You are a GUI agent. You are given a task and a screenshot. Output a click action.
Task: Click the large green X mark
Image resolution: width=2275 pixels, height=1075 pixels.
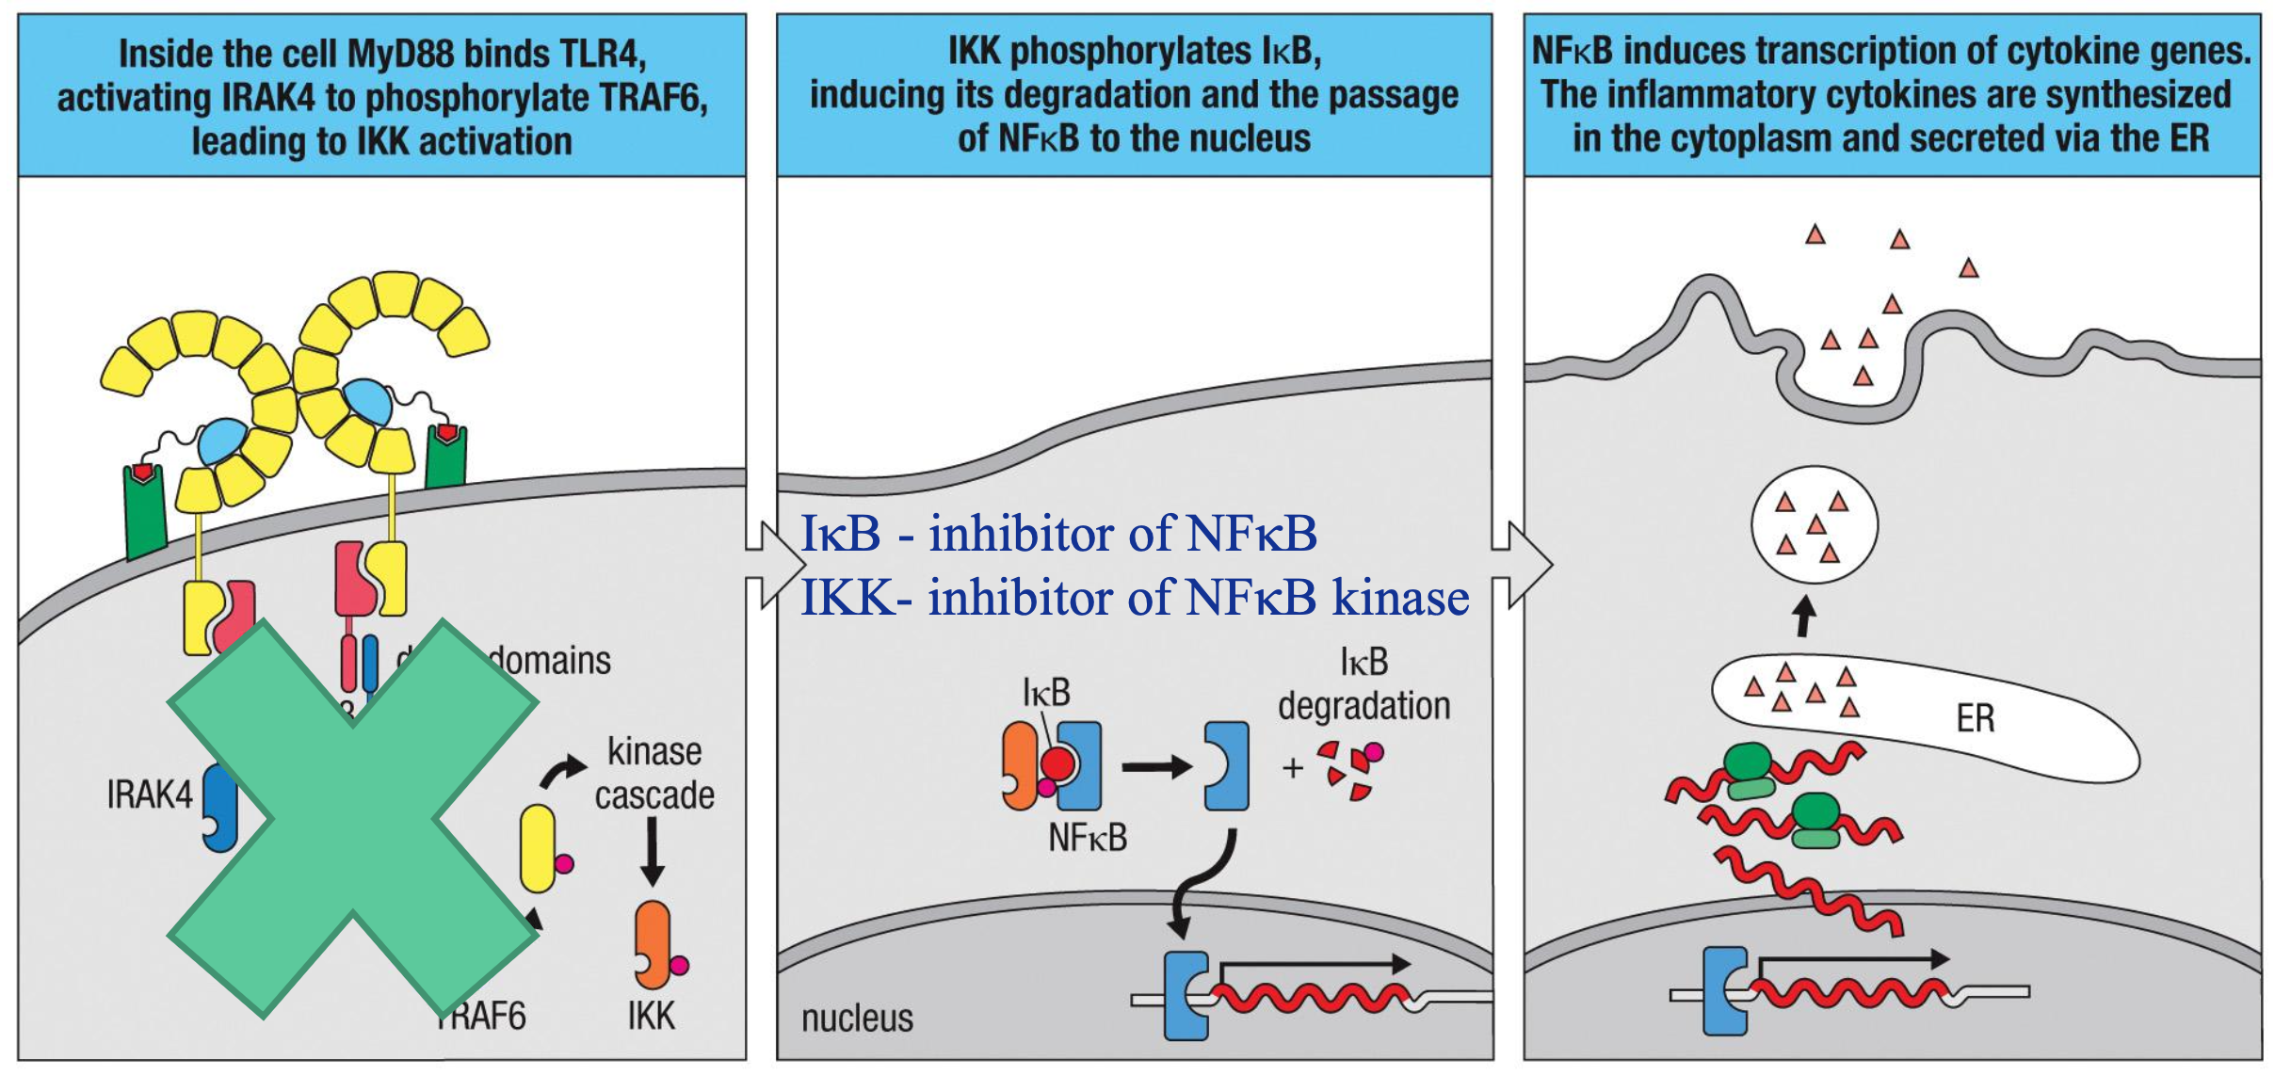click(353, 819)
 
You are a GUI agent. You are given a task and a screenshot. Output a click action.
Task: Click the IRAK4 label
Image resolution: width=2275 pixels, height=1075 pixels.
click(150, 795)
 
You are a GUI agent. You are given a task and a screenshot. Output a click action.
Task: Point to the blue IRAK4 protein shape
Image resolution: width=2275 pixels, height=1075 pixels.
click(221, 808)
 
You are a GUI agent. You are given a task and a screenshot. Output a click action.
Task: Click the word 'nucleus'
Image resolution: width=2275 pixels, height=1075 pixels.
click(857, 1019)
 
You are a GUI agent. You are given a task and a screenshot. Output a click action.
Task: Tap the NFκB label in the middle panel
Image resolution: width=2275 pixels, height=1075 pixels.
click(1088, 838)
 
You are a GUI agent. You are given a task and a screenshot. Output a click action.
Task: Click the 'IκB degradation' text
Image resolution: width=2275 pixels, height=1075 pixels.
click(1363, 684)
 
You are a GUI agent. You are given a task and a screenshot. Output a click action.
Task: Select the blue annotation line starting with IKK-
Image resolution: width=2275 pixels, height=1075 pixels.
click(1134, 598)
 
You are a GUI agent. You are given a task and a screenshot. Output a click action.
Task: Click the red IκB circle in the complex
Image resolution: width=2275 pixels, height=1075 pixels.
click(1057, 763)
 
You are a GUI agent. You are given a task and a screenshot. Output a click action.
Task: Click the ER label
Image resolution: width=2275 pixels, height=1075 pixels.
click(1975, 719)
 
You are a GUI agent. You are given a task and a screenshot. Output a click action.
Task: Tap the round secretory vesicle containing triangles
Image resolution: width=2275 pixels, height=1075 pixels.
click(1814, 525)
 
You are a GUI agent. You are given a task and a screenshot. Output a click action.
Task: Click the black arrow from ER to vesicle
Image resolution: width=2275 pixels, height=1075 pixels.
click(1803, 618)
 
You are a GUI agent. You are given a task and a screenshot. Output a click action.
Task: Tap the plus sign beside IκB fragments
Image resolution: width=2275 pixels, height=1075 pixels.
click(1293, 768)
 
